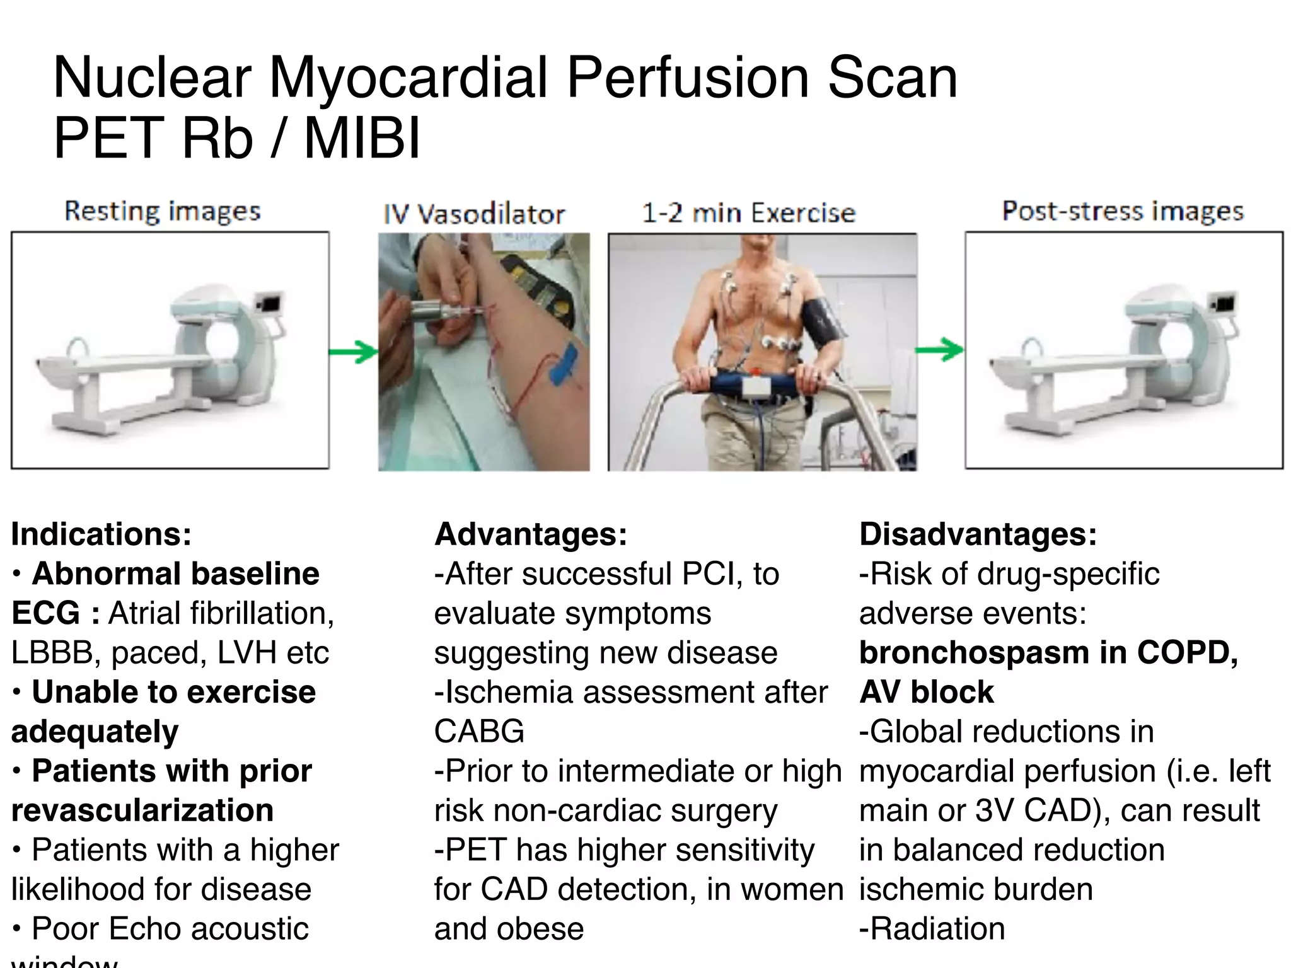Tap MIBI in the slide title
(x=362, y=138)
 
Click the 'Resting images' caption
(x=163, y=212)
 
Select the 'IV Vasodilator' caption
(x=474, y=214)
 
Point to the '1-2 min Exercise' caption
(x=748, y=213)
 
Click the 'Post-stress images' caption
(x=1123, y=211)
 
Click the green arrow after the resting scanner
(x=354, y=351)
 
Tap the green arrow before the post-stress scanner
(x=940, y=349)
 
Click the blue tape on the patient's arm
(x=564, y=364)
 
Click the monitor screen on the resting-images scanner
(x=270, y=304)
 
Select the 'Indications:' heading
(x=101, y=534)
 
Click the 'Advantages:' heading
(x=531, y=534)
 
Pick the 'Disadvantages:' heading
(x=978, y=534)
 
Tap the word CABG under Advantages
(x=479, y=732)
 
